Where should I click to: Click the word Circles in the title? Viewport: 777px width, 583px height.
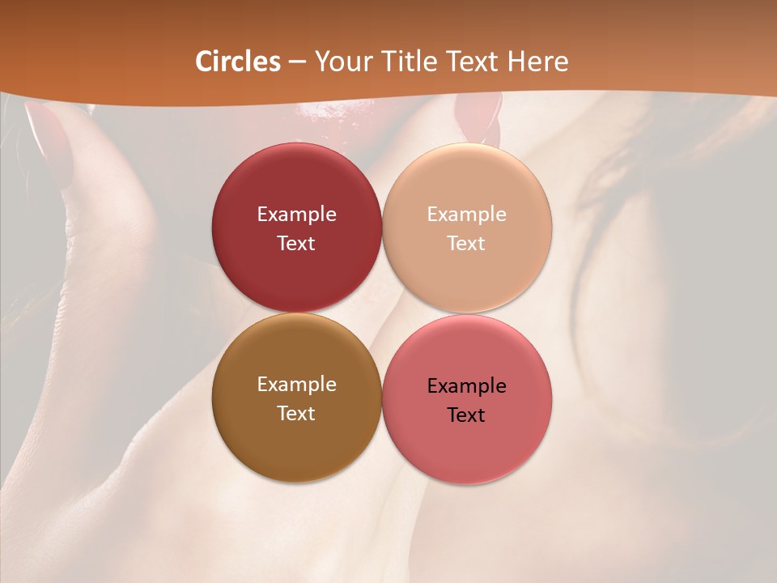pos(237,62)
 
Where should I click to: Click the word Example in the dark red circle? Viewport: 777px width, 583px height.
pos(296,215)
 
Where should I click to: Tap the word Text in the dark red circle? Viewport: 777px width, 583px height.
pos(296,244)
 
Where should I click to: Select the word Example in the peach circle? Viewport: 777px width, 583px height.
pos(467,215)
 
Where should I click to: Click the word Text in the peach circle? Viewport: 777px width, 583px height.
pos(467,244)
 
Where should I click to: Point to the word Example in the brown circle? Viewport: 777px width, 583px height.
pos(296,385)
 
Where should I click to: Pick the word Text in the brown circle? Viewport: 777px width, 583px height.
pos(296,414)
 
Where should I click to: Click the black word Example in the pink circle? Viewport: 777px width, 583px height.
pos(467,386)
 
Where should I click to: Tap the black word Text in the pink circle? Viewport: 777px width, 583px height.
pos(467,415)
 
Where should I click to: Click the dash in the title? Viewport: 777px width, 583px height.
pos(297,62)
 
